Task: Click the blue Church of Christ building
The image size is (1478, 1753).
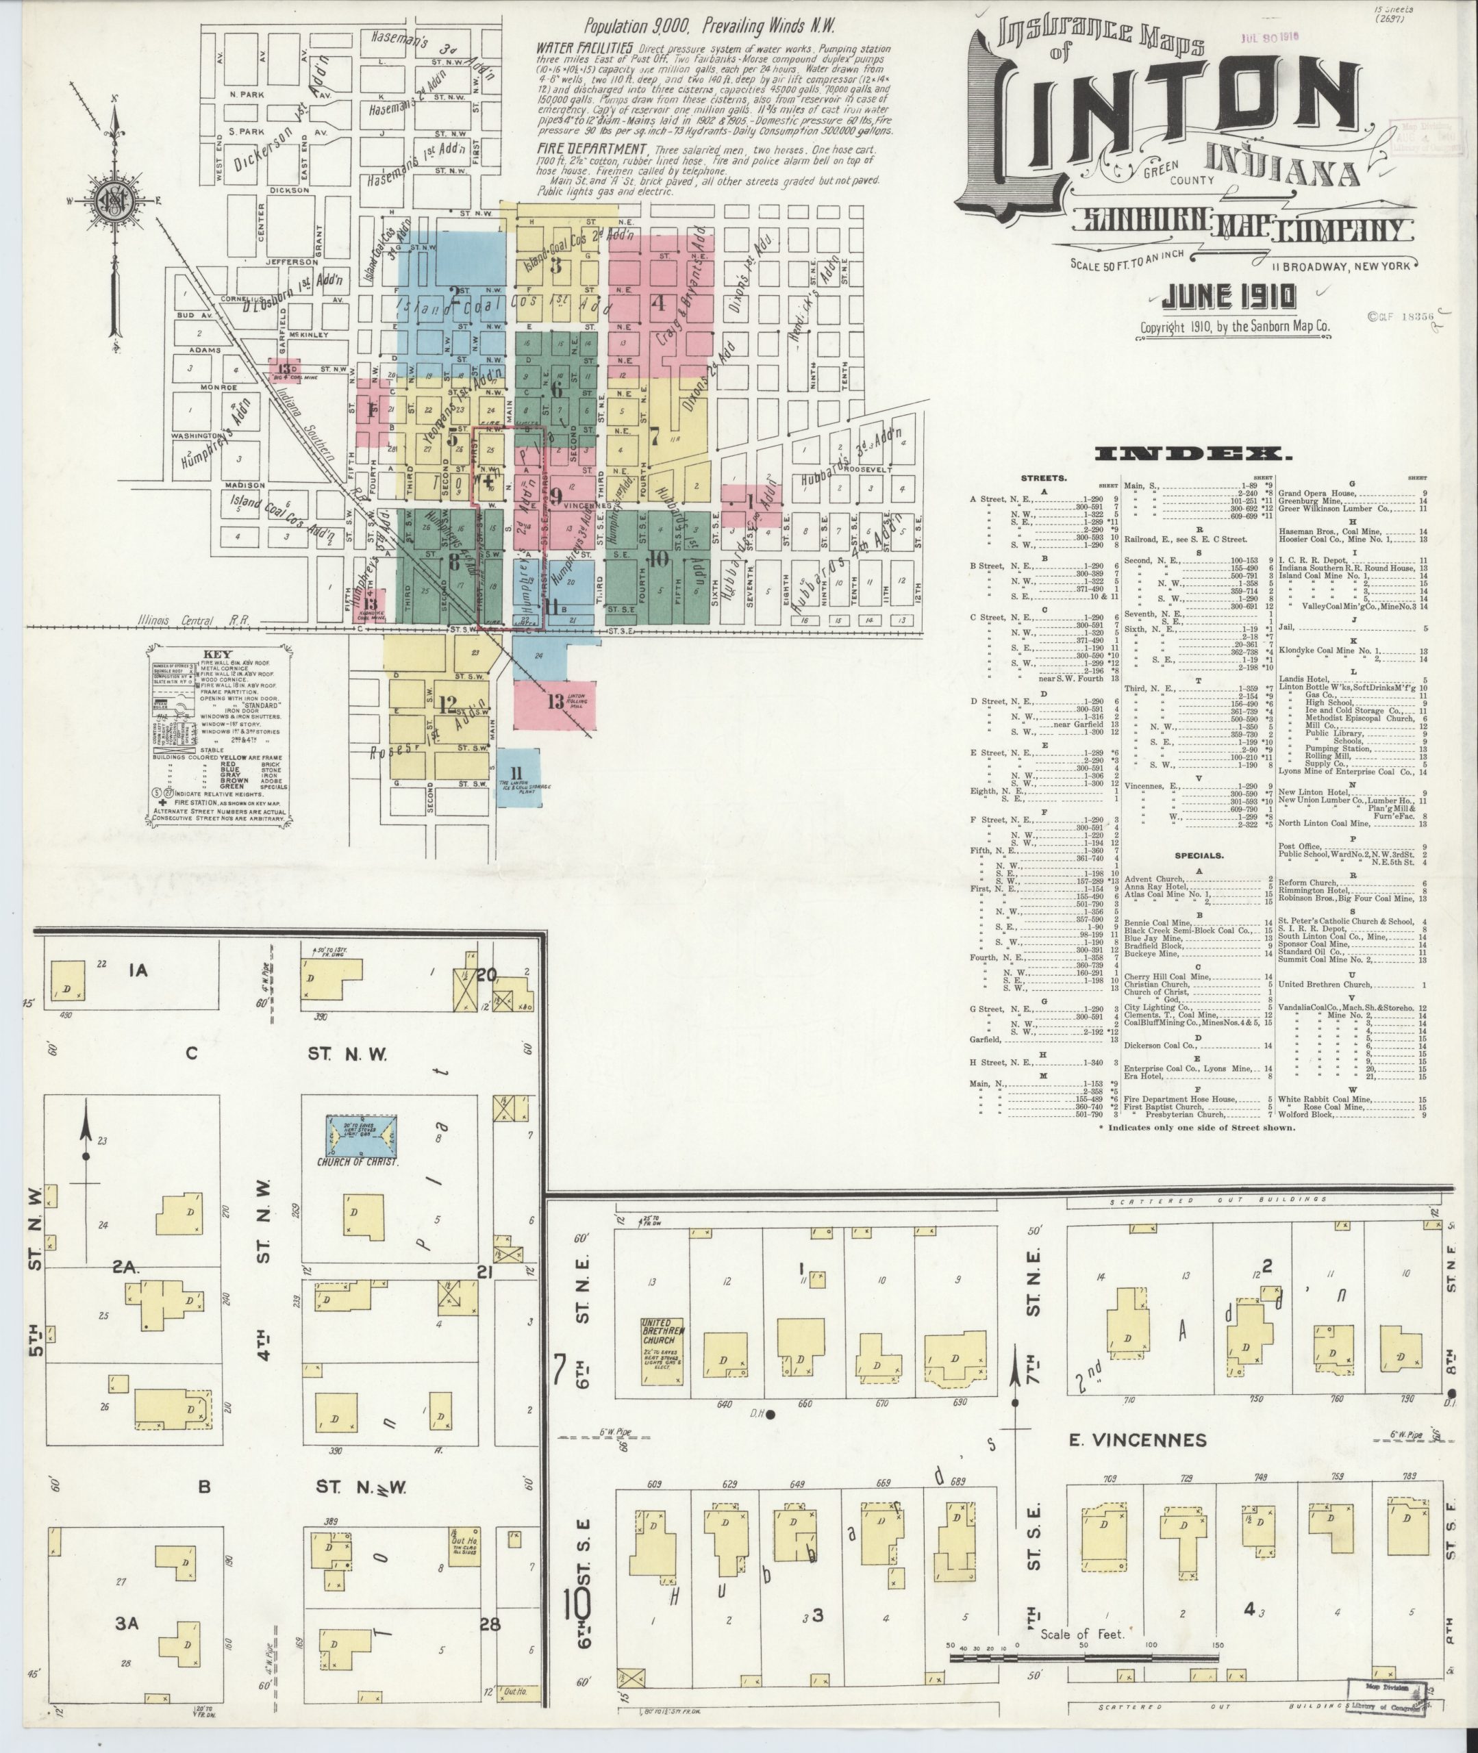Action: click(x=361, y=1137)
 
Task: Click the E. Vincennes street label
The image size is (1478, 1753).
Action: click(x=1137, y=1440)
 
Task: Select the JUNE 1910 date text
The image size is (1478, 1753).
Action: click(x=1228, y=297)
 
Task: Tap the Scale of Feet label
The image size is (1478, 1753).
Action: click(x=1081, y=1633)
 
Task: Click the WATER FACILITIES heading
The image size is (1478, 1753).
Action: click(x=584, y=49)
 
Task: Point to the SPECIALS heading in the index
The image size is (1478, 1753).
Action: click(x=1198, y=856)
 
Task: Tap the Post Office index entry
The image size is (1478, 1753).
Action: click(x=1299, y=847)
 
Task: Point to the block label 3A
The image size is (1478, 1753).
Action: click(x=127, y=1622)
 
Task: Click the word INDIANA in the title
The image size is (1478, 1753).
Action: click(x=1282, y=168)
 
